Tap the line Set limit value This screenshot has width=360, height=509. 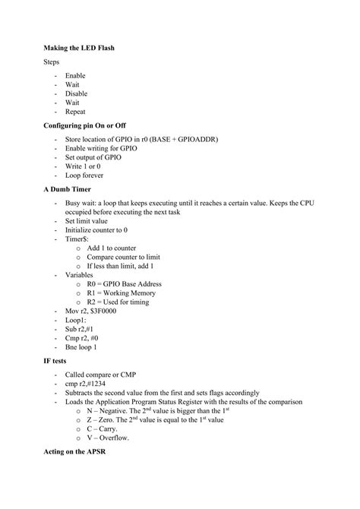(92, 221)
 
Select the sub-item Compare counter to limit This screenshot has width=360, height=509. (126, 258)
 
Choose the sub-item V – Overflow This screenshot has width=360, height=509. (108, 438)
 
